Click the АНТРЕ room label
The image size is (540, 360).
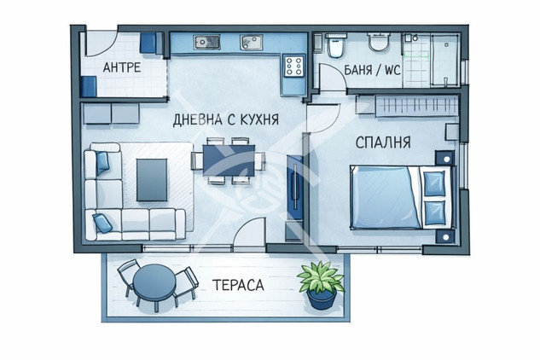[x=122, y=67]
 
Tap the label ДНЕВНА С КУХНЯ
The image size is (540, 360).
[x=225, y=120]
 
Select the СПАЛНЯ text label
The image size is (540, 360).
[x=383, y=142]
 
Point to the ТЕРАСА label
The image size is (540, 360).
[x=238, y=285]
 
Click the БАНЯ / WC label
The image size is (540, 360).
[x=373, y=70]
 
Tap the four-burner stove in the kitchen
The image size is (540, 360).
[x=294, y=66]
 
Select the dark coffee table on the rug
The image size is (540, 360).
[x=152, y=179]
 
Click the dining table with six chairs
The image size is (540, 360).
[x=229, y=160]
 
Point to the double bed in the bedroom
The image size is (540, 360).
[x=402, y=198]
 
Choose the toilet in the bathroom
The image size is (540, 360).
[x=335, y=44]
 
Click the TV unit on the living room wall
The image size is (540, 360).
[x=295, y=186]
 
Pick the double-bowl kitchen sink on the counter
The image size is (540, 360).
[x=207, y=42]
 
